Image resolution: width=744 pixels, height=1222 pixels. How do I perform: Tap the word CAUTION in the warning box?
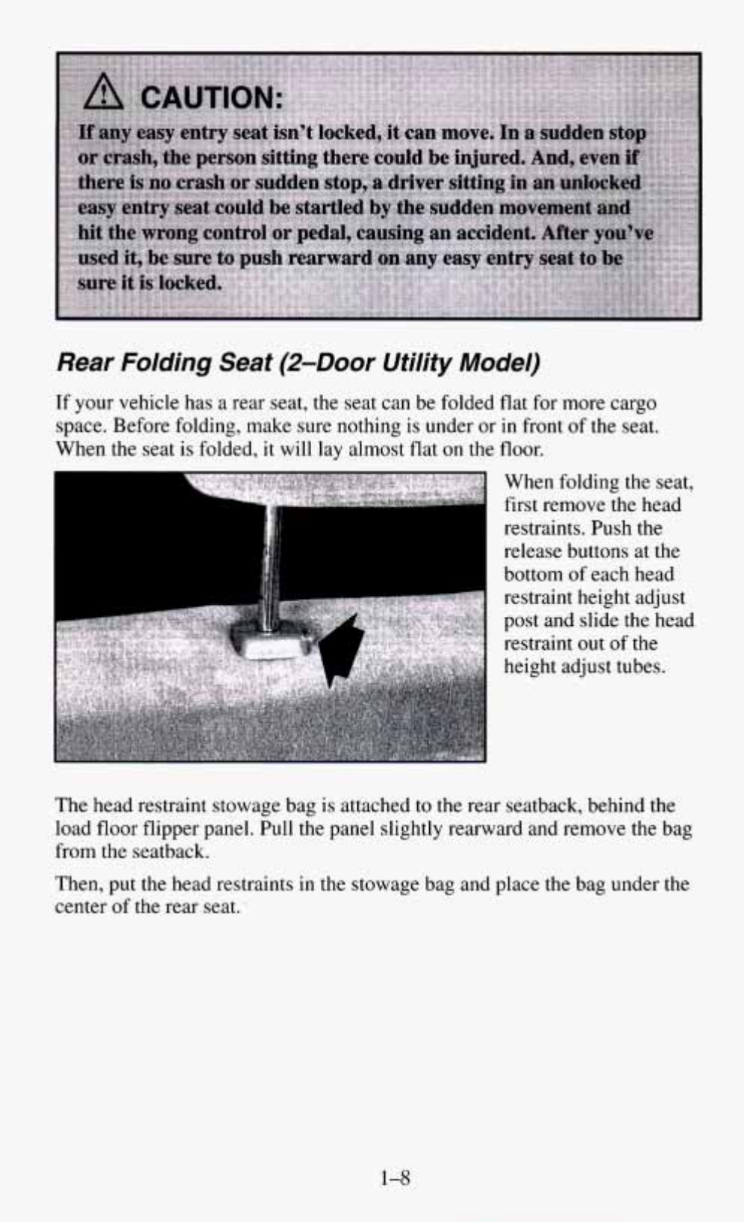pyautogui.click(x=210, y=97)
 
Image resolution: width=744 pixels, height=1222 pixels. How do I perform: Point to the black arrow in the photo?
pyautogui.click(x=342, y=649)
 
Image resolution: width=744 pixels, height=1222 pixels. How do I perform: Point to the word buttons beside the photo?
pyautogui.click(x=598, y=551)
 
